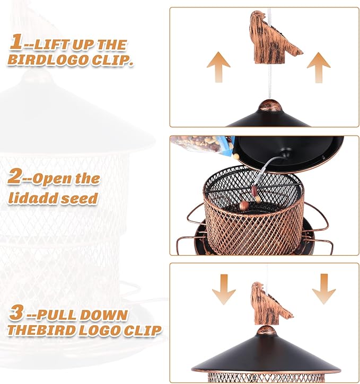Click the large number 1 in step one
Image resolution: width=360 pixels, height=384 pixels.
16,41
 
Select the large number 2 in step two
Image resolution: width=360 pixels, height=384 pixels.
15,176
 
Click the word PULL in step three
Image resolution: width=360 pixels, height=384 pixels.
56,315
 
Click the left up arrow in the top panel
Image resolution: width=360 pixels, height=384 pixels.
218,67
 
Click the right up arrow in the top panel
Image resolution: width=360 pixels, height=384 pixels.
319,68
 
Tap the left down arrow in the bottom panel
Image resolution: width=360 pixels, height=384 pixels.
224,289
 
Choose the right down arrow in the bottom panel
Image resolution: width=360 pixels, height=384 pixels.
324,289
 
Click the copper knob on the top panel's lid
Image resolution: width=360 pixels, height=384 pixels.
270,104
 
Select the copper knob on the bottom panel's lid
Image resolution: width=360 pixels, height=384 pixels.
268,331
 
